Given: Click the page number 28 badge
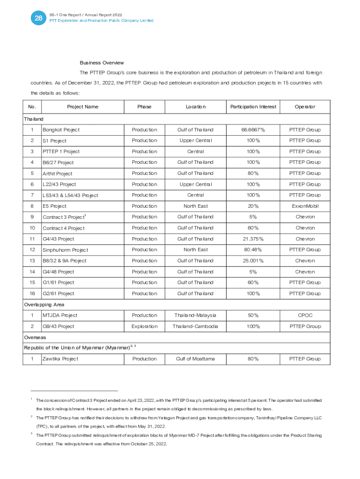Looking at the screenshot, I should tap(37, 18).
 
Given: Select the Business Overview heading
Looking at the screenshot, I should tap(101, 63).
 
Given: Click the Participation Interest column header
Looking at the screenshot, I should tap(253, 107).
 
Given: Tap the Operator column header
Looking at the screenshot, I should tap(305, 107).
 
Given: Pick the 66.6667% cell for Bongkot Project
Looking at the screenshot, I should tap(253, 130).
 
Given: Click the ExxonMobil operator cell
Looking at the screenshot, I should tap(305, 206).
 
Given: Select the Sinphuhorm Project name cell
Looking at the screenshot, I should tap(65, 250).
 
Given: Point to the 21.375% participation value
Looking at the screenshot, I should tap(253, 239).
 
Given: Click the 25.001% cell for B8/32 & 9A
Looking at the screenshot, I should tap(253, 261).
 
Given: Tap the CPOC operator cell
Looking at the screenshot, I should tap(305, 315).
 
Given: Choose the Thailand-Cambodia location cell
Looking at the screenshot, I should tap(195, 326).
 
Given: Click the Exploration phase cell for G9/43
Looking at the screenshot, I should tap(144, 326).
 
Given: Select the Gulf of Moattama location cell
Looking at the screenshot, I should tap(195, 359).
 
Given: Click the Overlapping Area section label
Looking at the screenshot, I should tap(44, 305).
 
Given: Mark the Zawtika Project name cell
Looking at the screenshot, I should tap(60, 359).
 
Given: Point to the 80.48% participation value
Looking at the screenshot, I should tap(253, 250).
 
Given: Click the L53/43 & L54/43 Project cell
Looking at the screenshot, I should tap(70, 195).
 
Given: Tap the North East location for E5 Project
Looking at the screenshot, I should tap(195, 206).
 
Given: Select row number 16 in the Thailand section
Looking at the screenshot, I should tap(32, 293).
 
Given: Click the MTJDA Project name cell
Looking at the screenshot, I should tap(60, 315).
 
